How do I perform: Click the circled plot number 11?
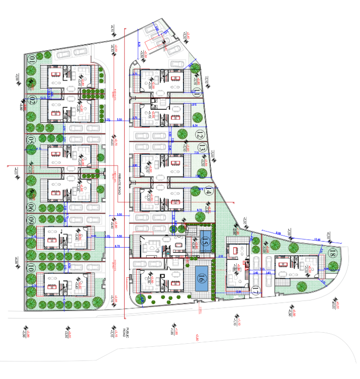tap(198, 92)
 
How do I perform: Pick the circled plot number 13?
tap(202, 148)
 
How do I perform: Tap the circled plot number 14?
tap(208, 190)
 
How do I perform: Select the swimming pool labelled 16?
tap(202, 277)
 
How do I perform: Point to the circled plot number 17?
tap(255, 290)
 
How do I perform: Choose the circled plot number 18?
tap(332, 254)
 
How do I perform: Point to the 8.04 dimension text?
tap(279, 233)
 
